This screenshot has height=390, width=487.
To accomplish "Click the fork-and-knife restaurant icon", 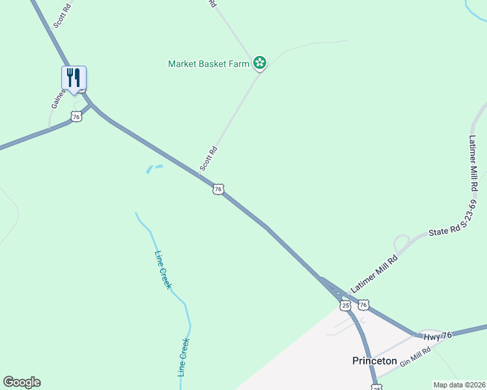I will [x=74, y=78].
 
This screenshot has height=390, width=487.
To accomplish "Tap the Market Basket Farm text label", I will [x=209, y=64].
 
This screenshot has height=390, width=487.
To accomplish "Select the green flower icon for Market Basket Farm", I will [x=260, y=63].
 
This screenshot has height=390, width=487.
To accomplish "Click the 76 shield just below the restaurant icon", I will [x=77, y=116].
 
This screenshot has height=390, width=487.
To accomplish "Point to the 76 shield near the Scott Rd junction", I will [x=218, y=188].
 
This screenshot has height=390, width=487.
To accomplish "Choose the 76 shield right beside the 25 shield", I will [x=363, y=304].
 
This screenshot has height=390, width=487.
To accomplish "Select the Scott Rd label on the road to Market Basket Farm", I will [x=208, y=159].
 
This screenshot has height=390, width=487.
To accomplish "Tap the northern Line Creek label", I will [x=163, y=270].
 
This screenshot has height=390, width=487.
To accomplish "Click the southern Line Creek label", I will [x=184, y=357].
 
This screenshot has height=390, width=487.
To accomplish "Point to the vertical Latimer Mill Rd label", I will [x=473, y=162].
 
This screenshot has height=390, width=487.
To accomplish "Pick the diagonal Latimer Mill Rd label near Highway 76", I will [x=374, y=273].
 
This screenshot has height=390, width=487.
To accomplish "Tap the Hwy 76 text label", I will [x=438, y=335].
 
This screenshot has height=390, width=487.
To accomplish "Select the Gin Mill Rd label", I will [x=416, y=357].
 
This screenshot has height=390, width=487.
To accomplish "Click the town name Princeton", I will [x=374, y=361].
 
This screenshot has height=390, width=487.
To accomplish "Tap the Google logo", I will [x=21, y=382].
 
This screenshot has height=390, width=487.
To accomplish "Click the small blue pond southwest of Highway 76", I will [x=154, y=169].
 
